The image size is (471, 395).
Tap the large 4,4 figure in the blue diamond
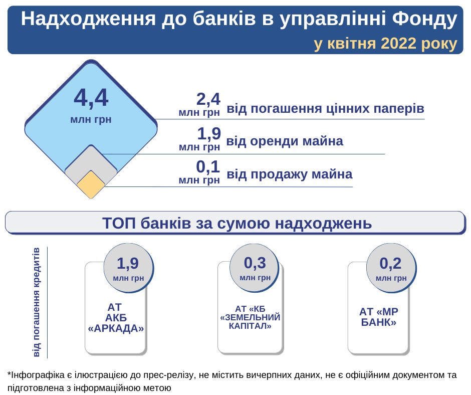pos(91,98)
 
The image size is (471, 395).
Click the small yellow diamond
pos(91,184)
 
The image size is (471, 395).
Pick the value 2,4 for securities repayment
pos(208,99)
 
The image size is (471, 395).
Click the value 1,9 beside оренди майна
pos(209,133)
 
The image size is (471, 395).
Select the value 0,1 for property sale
pos(208,166)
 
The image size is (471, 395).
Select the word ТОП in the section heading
pos(119,223)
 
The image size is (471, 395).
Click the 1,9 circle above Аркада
pos(128,268)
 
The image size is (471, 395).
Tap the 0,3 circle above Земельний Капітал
pos(255,268)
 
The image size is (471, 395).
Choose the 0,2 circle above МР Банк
pos(391,268)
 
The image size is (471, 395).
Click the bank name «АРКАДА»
pos(116,328)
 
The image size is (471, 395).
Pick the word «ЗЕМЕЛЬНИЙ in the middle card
pos(250,317)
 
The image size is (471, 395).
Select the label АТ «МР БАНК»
pos(378,317)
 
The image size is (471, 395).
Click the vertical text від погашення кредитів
pos(37,302)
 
